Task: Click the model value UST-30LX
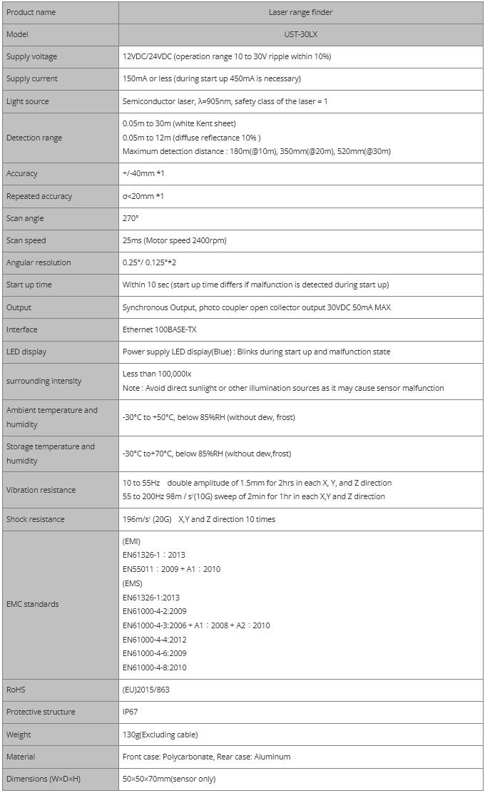(x=301, y=34)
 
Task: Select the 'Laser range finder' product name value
(x=301, y=12)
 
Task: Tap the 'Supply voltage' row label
(x=31, y=56)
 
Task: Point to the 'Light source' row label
(x=28, y=101)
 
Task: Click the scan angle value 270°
(x=131, y=218)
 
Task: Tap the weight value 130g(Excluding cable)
(x=160, y=735)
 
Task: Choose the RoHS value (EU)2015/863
(x=146, y=690)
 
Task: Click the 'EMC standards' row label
(x=33, y=604)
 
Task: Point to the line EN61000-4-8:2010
(x=155, y=667)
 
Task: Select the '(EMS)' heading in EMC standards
(x=133, y=583)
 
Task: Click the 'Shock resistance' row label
(x=35, y=519)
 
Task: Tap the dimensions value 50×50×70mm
(x=169, y=779)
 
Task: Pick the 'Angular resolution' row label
(x=39, y=262)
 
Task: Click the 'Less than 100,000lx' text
(x=157, y=373)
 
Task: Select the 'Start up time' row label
(x=29, y=285)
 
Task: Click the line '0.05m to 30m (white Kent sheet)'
(x=179, y=123)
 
